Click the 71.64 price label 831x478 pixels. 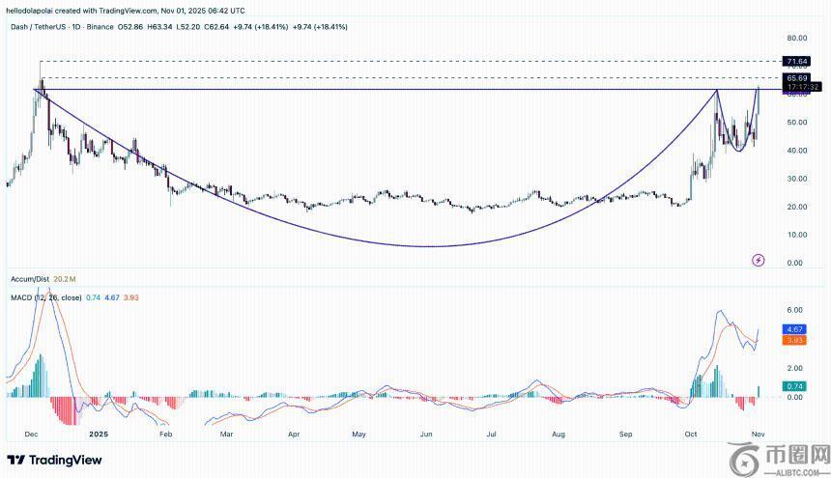pyautogui.click(x=796, y=61)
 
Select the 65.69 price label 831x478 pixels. pyautogui.click(x=796, y=77)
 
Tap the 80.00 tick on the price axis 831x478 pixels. pyautogui.click(x=797, y=39)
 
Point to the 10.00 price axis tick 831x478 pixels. pyautogui.click(x=797, y=235)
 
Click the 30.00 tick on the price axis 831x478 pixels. pyautogui.click(x=797, y=179)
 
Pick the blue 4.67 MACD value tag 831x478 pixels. pyautogui.click(x=796, y=329)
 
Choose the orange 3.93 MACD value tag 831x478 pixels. pyautogui.click(x=796, y=340)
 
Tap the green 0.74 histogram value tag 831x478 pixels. pyautogui.click(x=796, y=386)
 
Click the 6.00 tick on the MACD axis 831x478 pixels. pyautogui.click(x=794, y=310)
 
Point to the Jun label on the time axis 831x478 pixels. pyautogui.click(x=426, y=435)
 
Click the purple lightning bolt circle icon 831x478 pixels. pyautogui.click(x=758, y=260)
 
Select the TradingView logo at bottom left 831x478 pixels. pyautogui.click(x=55, y=460)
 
